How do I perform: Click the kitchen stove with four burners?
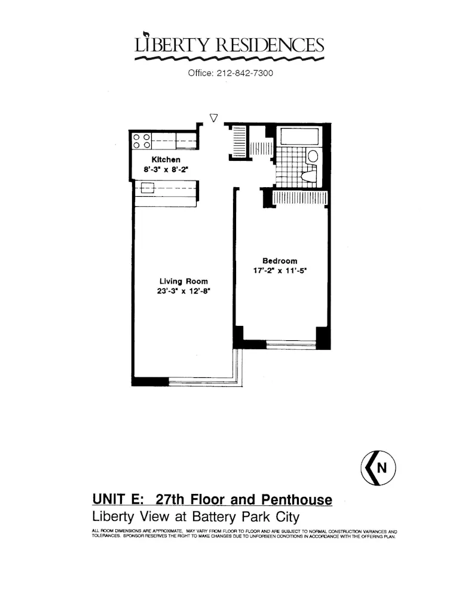141,141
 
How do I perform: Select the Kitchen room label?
166,160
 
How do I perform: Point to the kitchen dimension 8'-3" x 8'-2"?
166,170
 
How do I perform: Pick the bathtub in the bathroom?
300,136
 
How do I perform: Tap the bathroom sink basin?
313,157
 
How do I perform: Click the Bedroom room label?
280,261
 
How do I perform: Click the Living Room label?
183,281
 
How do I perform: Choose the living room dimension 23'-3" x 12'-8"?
183,291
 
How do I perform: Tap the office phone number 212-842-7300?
231,73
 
